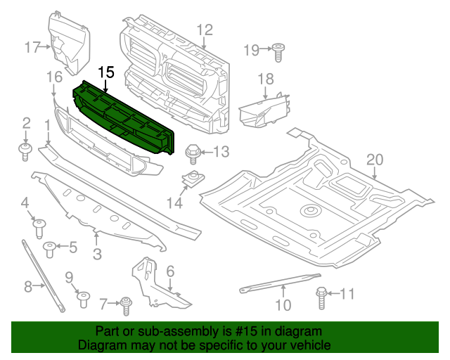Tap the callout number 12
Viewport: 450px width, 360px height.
tap(204, 30)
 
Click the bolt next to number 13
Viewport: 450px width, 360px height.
tap(191, 151)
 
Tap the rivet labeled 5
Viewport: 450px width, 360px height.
tap(51, 247)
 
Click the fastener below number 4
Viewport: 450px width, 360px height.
tap(40, 226)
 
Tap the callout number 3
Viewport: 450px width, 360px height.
tap(96, 253)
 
